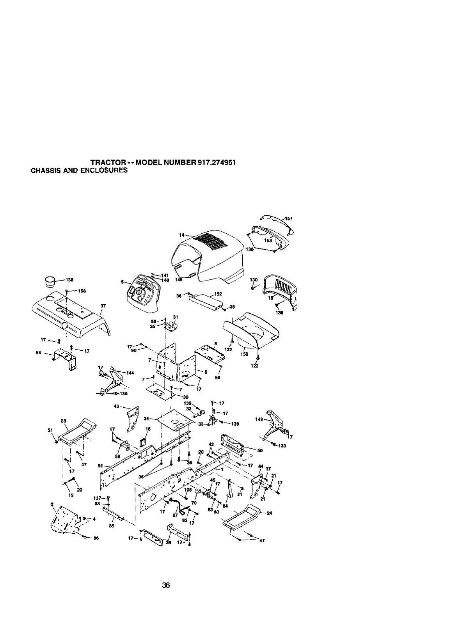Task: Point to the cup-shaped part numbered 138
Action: (x=50, y=281)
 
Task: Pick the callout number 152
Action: (x=218, y=294)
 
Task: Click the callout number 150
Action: (x=245, y=354)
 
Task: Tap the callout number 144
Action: (x=130, y=373)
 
